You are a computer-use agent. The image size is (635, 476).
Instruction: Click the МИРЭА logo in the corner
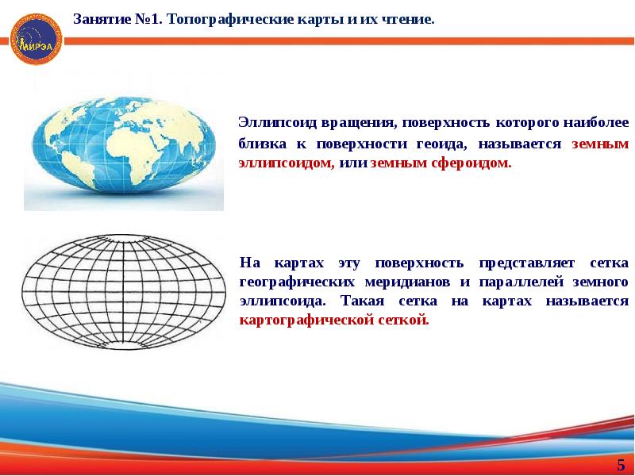pyautogui.click(x=33, y=34)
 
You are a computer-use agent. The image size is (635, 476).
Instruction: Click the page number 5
pyautogui.click(x=621, y=464)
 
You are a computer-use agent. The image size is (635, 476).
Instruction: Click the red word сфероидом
pyautogui.click(x=475, y=163)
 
